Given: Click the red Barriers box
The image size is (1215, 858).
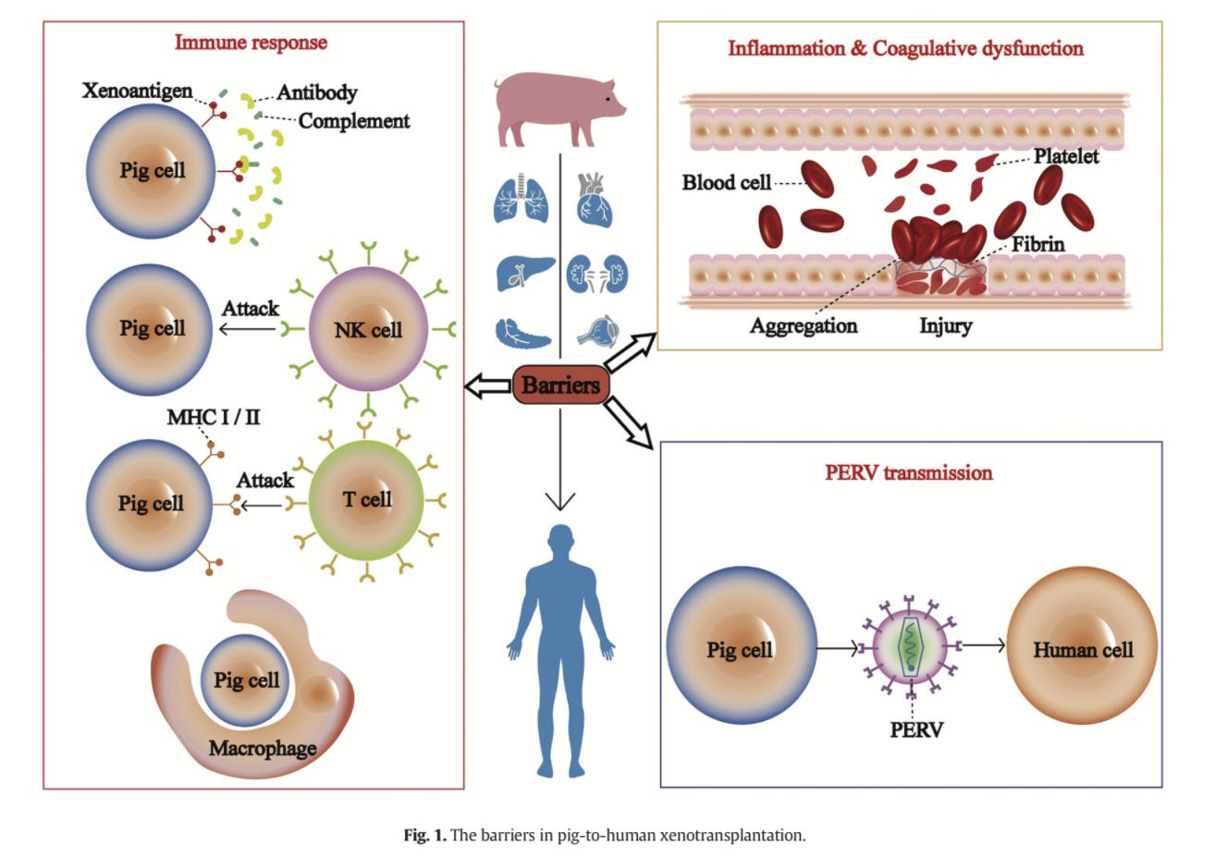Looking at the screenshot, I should point(560,385).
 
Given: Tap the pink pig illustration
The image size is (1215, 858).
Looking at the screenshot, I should point(557,109).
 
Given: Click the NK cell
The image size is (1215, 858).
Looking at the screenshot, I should point(367,330).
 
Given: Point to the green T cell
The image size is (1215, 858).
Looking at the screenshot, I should point(367,500).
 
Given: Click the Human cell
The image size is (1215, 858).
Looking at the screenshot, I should point(1082,649).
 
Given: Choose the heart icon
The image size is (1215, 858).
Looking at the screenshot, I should point(595,200).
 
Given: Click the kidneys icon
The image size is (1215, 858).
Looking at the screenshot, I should point(596,275).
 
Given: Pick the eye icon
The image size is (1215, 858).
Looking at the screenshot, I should point(596,331).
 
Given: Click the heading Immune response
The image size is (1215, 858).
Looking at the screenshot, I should point(251,43).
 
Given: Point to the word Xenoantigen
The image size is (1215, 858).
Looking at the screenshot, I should point(137,91).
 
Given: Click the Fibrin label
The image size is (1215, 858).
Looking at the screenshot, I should point(1037,244).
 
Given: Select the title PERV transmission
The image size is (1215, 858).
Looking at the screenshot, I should point(909,472).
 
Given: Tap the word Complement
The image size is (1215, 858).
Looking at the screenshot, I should point(353,121).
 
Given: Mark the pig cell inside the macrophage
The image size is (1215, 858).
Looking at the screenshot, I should point(246,680).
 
